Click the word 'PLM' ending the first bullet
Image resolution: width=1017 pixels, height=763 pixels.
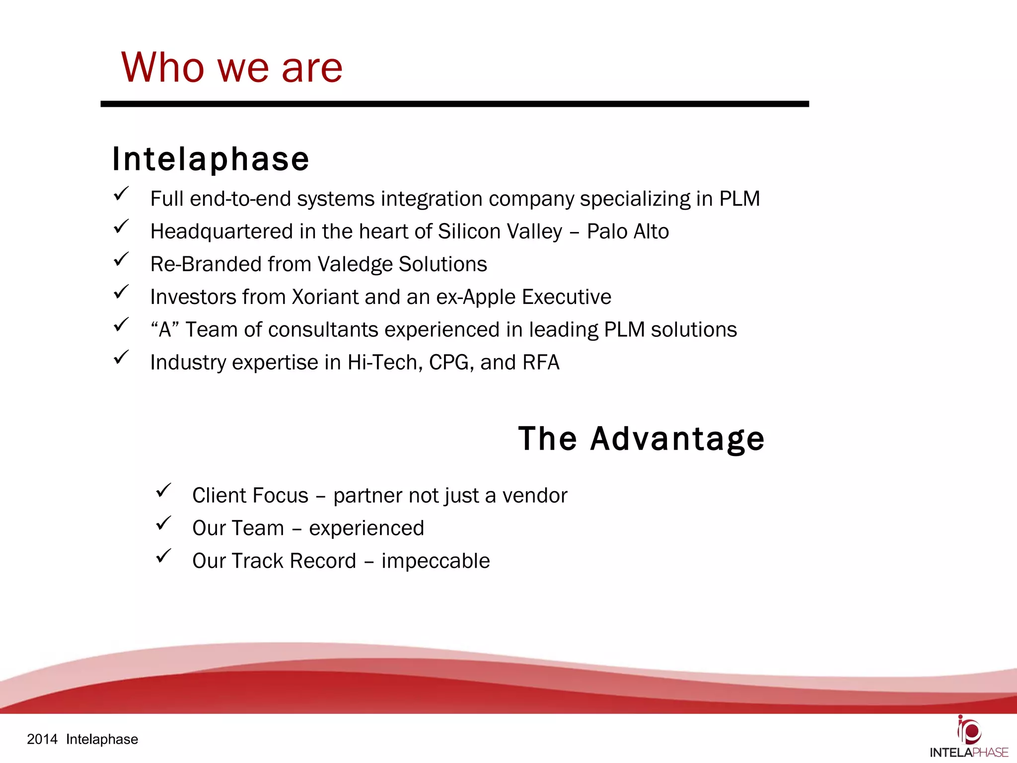(x=739, y=199)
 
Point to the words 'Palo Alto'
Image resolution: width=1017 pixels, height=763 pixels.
(x=628, y=231)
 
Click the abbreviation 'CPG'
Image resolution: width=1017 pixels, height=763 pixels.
(x=449, y=363)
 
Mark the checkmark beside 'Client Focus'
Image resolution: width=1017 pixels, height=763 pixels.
(x=163, y=491)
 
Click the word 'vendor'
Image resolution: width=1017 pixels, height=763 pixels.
(x=534, y=496)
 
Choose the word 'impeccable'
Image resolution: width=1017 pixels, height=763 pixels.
(x=436, y=561)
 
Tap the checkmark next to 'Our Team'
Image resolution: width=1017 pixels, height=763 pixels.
(x=163, y=524)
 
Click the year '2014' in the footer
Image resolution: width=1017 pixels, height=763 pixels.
(x=42, y=739)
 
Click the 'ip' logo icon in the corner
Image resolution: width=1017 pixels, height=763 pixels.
(x=969, y=730)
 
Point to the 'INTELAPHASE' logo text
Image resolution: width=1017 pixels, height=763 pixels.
(x=969, y=753)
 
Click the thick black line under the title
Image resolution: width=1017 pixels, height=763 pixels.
(x=454, y=104)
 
